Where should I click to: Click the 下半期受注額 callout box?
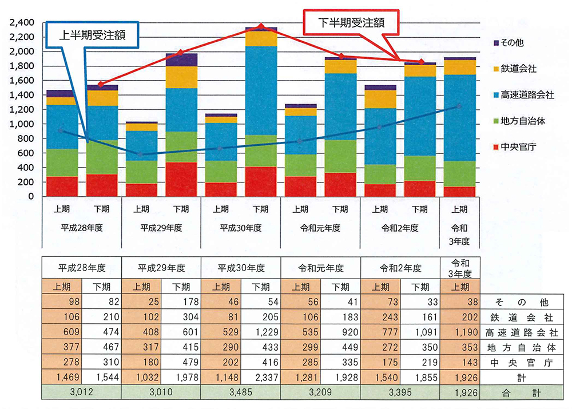tap(350, 23)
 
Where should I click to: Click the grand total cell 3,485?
tap(240, 393)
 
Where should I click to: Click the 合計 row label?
tap(518, 393)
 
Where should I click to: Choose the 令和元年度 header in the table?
tap(320, 268)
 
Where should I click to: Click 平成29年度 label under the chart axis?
tap(161, 228)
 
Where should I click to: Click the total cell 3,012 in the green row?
tap(81, 393)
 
